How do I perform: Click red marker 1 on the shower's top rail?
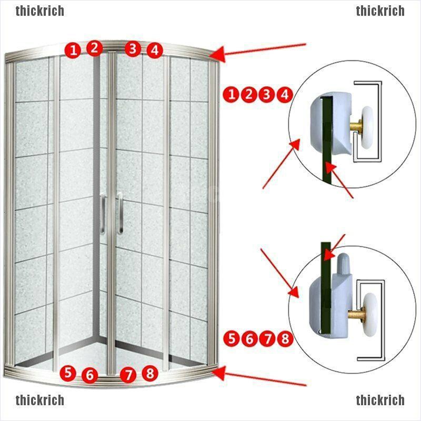click(x=73, y=51)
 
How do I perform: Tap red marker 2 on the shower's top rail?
click(x=94, y=48)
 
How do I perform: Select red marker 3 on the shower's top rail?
click(x=133, y=48)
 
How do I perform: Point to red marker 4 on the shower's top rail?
click(x=154, y=51)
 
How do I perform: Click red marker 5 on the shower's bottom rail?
click(x=67, y=373)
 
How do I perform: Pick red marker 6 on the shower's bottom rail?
click(x=89, y=376)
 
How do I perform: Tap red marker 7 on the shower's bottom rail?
click(x=128, y=375)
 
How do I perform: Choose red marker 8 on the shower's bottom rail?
click(x=150, y=373)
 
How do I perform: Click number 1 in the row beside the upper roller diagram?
click(x=231, y=95)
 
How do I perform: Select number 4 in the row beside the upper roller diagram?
click(x=285, y=95)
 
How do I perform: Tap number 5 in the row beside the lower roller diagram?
click(x=231, y=338)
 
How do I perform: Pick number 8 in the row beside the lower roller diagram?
click(x=285, y=338)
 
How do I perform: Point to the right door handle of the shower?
click(x=120, y=213)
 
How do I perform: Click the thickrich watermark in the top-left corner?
click(x=40, y=11)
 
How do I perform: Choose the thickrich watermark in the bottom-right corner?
click(x=380, y=400)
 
